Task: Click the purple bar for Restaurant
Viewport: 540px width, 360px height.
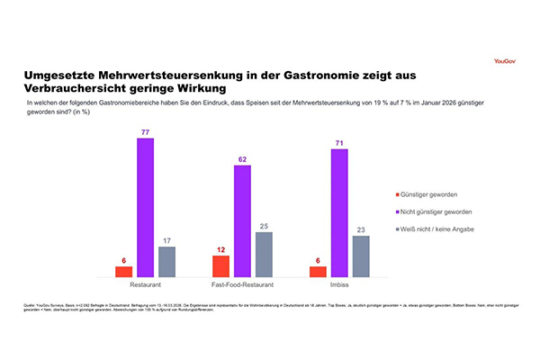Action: click(x=145, y=207)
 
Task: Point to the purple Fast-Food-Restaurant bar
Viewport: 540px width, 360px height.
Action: click(x=242, y=220)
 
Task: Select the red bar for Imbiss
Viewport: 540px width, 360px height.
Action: click(x=318, y=271)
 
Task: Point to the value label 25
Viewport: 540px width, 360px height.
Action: click(x=263, y=225)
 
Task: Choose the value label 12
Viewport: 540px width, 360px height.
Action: click(x=220, y=248)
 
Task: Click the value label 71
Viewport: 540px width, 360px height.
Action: click(x=339, y=141)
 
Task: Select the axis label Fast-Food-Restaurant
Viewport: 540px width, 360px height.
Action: click(x=242, y=284)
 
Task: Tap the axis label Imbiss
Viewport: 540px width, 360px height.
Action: click(x=339, y=284)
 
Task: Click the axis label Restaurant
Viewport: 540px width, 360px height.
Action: click(x=145, y=284)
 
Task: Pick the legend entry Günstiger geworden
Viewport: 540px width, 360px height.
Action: click(x=438, y=193)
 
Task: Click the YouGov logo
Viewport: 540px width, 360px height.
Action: click(x=506, y=62)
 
